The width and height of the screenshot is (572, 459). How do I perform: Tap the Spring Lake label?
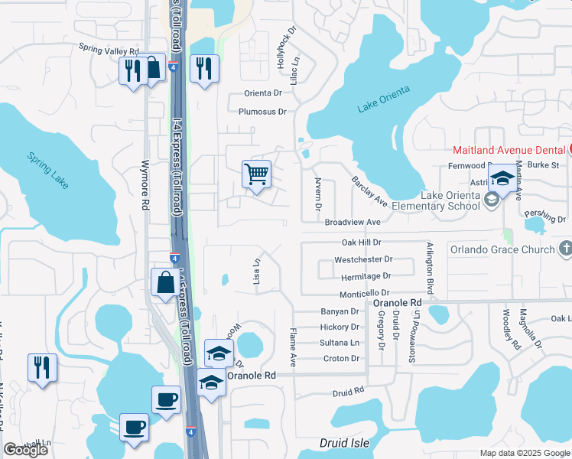click(x=48, y=169)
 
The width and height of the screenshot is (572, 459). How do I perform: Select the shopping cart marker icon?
click(x=256, y=174)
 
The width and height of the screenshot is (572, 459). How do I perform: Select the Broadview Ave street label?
click(x=353, y=222)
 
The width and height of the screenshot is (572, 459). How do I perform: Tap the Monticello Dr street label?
click(x=365, y=293)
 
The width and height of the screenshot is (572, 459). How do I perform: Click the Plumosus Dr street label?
click(x=262, y=112)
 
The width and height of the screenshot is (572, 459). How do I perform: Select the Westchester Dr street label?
click(x=363, y=259)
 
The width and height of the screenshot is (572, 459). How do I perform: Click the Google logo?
click(x=26, y=450)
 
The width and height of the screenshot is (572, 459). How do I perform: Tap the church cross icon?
click(x=565, y=249)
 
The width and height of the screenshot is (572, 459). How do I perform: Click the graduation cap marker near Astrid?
click(x=503, y=179)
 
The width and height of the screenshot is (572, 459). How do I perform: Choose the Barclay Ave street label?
click(x=369, y=191)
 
